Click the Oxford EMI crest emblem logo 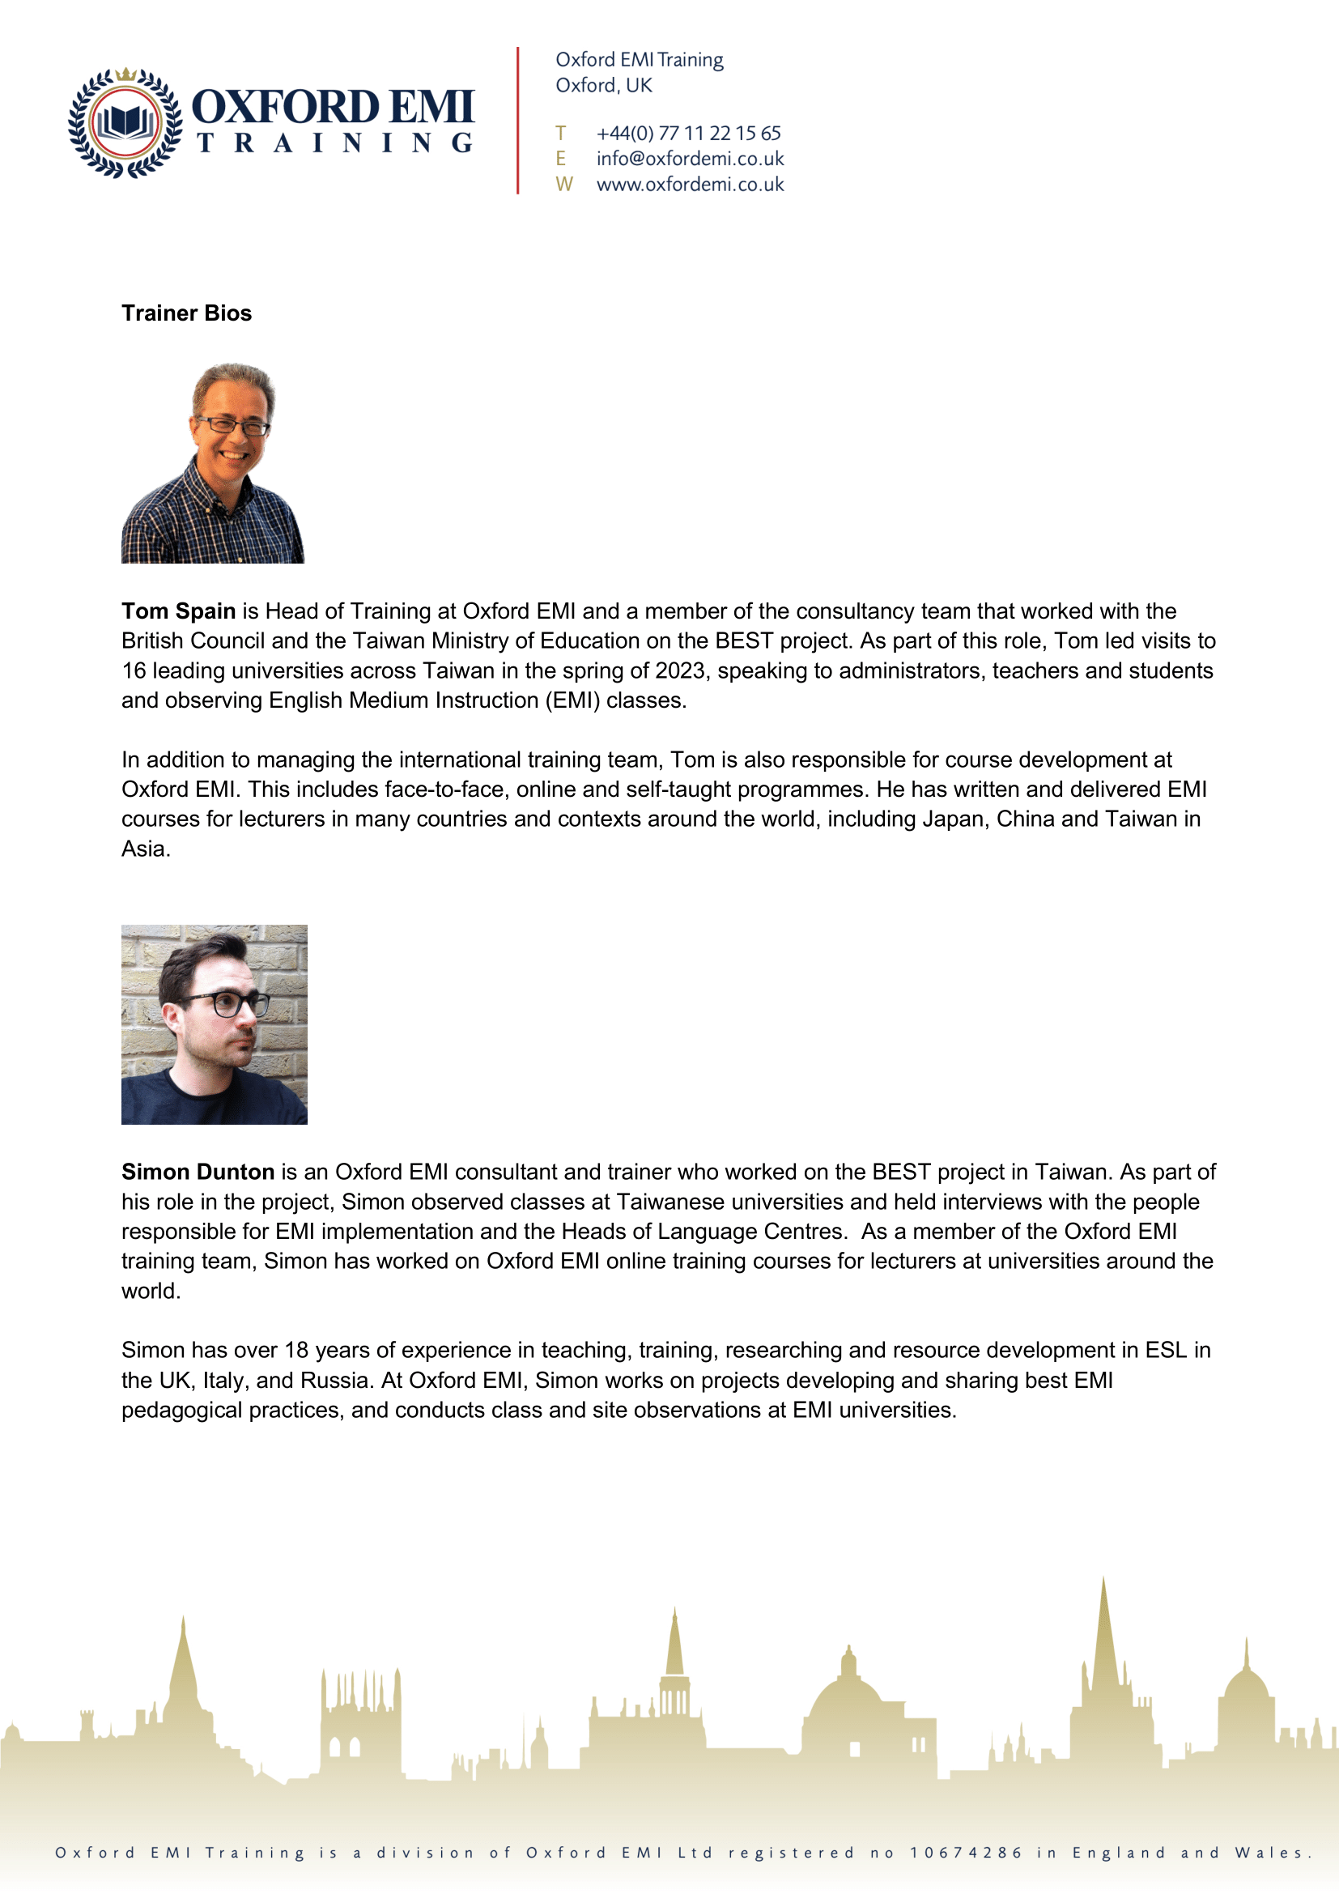point(125,123)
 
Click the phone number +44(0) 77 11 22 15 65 point(687,134)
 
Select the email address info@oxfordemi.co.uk point(689,159)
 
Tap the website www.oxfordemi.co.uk point(689,185)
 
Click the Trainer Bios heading point(186,313)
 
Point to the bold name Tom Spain point(178,611)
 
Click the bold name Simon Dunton point(198,1173)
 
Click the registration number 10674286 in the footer point(966,1853)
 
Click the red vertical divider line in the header point(518,121)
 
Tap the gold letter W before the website point(564,185)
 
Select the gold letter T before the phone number point(561,134)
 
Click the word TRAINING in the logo point(334,143)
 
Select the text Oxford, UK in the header point(604,86)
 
